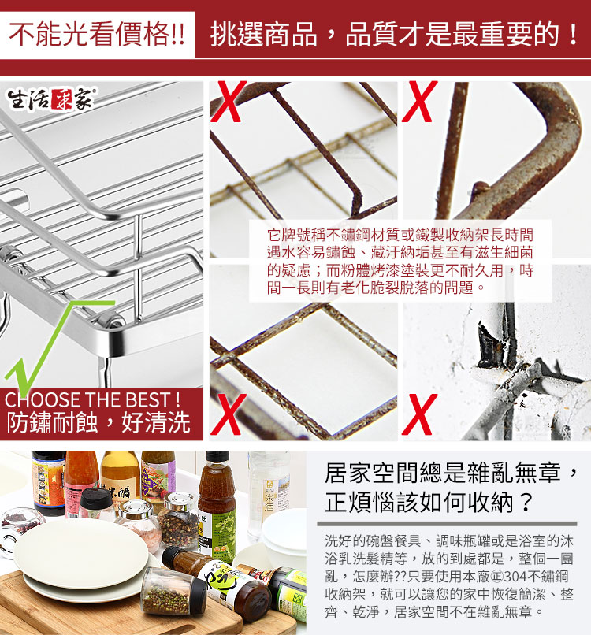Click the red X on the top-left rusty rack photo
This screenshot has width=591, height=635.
pos(229,102)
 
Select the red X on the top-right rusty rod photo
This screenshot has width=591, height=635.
pos(420,102)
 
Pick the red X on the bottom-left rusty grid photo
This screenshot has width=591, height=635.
pos(229,414)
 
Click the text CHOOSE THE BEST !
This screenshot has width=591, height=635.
pos(92,400)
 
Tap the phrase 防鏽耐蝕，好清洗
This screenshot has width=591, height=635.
pos(98,422)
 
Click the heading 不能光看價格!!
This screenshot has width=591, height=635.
pos(97,34)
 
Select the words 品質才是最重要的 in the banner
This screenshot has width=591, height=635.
pos(452,34)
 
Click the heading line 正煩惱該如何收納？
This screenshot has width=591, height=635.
pos(429,503)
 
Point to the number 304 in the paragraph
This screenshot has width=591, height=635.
pos(516,576)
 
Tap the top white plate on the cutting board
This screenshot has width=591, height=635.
pos(81,554)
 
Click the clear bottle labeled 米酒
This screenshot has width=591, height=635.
pos(269,495)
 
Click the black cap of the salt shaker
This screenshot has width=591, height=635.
pos(95,497)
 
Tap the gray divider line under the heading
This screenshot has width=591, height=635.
pos(448,524)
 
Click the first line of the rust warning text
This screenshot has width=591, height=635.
pos(400,235)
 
